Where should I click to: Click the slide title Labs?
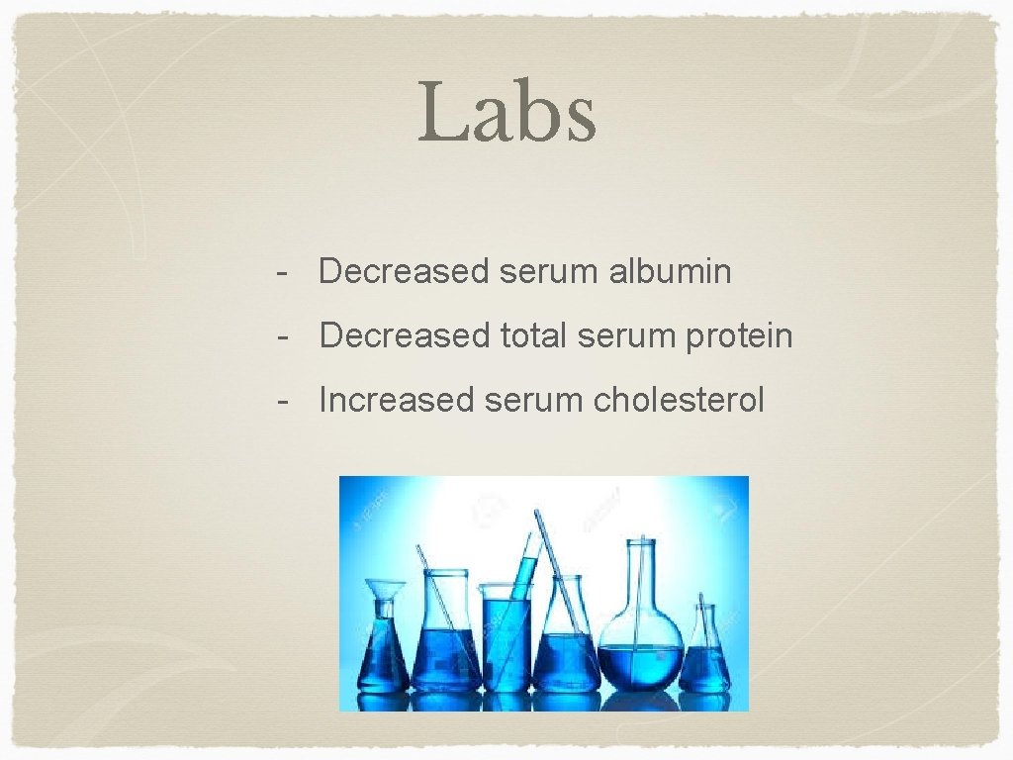[506, 112]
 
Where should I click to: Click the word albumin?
[671, 271]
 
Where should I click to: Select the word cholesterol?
[679, 401]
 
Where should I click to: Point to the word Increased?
[397, 401]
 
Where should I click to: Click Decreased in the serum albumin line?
[405, 271]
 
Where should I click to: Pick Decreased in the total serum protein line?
[405, 336]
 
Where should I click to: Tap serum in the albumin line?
[549, 271]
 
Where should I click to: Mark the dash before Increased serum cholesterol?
[284, 401]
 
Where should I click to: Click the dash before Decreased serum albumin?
[284, 271]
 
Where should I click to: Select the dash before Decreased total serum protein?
[284, 336]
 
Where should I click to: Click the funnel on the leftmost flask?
[384, 591]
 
